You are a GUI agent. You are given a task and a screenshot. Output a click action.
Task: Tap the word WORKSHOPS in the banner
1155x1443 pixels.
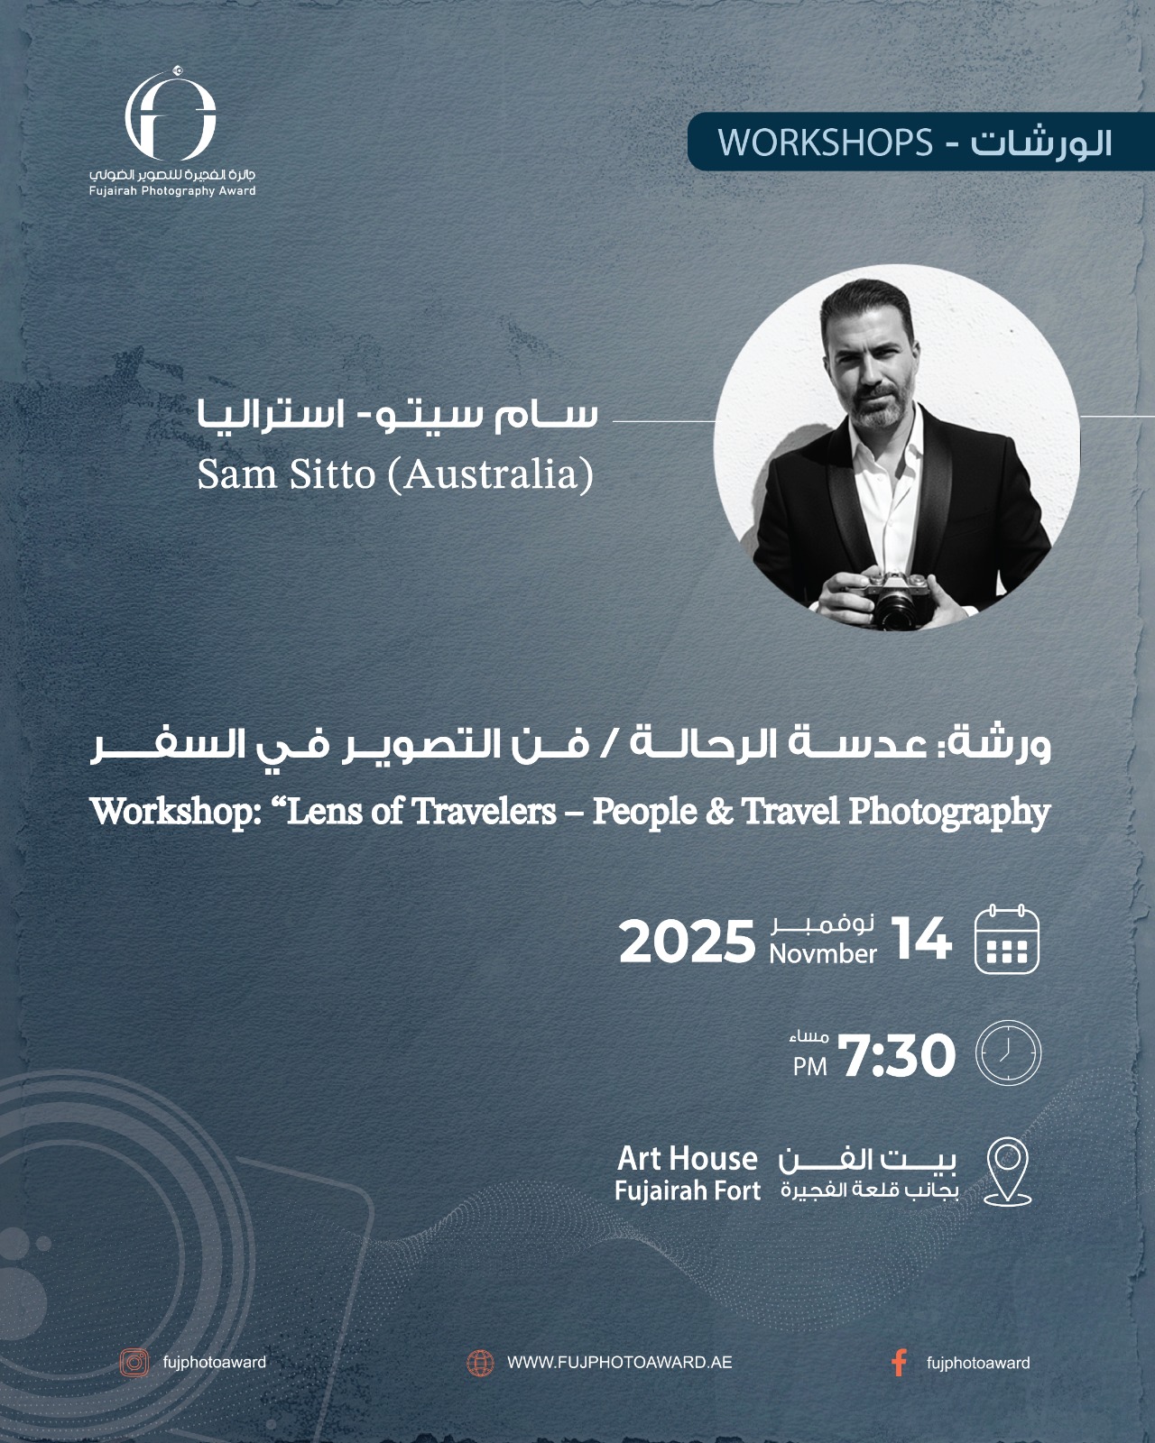[826, 142]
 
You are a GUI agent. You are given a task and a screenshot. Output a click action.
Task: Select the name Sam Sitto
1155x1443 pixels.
[287, 474]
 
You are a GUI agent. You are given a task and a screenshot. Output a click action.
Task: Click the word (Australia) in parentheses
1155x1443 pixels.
[491, 474]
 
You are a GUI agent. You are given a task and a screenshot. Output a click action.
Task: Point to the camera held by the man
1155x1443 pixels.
[898, 599]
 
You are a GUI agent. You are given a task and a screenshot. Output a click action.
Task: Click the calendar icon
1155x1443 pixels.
[1006, 939]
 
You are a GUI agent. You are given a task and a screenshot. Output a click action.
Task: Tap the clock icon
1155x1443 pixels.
[1008, 1052]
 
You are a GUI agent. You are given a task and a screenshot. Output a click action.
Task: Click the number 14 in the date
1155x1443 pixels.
[920, 939]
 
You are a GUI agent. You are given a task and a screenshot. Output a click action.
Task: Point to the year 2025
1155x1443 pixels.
[688, 942]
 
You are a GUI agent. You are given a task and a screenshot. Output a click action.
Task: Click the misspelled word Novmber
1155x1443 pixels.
[823, 954]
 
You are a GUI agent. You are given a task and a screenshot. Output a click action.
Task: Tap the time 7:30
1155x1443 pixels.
[897, 1055]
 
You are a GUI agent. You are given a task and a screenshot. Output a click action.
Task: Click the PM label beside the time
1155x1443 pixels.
[810, 1066]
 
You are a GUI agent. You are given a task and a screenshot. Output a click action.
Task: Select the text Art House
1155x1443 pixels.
[688, 1158]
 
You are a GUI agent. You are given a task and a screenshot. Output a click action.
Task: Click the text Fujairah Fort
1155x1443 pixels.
[688, 1190]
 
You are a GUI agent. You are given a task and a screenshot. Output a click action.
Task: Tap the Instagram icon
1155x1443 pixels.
[134, 1363]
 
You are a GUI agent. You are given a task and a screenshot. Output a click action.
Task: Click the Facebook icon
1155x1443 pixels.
[899, 1363]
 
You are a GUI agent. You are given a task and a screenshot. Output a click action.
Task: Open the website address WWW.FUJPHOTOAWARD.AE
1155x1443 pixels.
[619, 1363]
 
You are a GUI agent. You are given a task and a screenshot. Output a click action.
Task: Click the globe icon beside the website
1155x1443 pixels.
[481, 1363]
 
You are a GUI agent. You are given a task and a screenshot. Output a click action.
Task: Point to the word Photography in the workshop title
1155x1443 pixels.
[949, 812]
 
